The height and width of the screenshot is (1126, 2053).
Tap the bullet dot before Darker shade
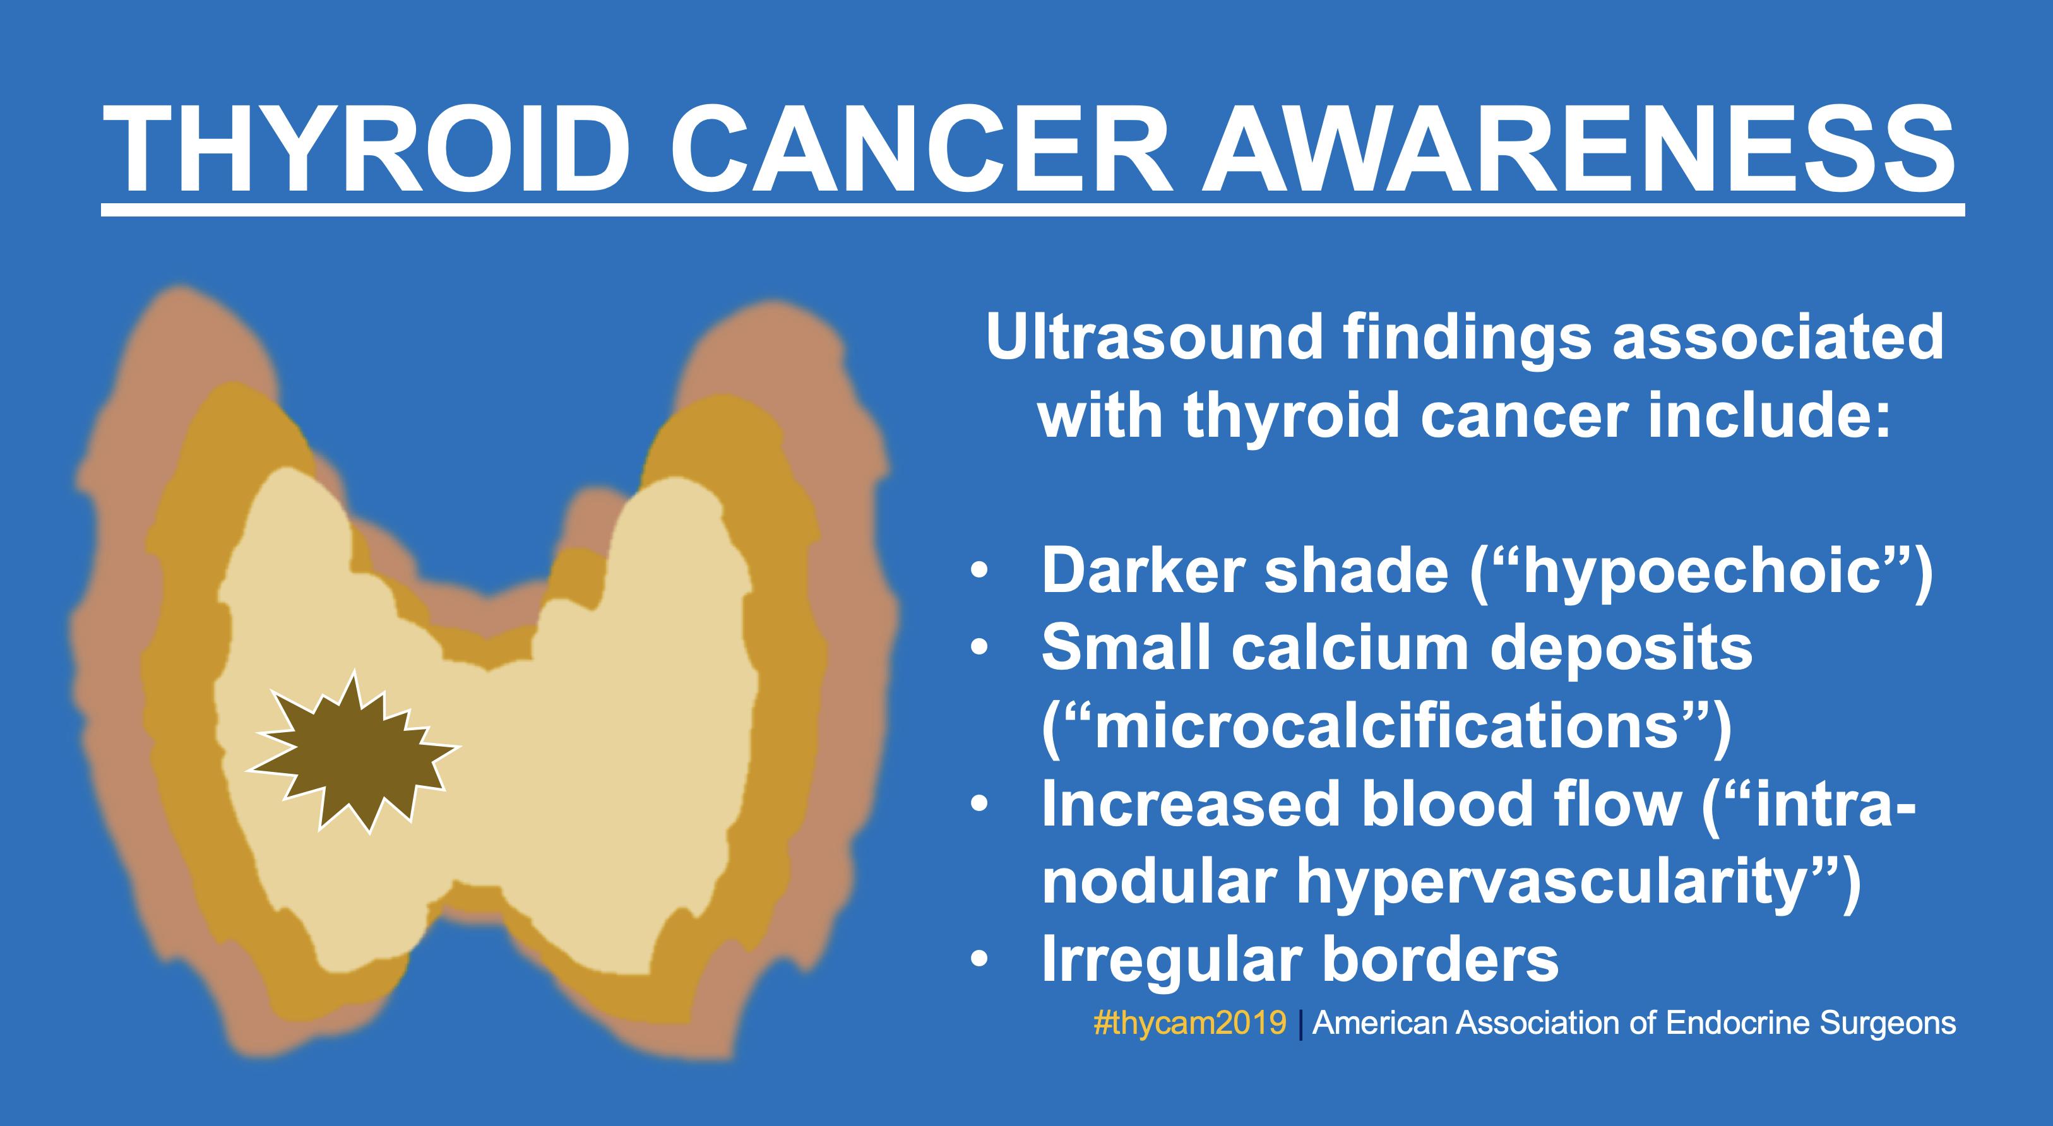click(x=980, y=573)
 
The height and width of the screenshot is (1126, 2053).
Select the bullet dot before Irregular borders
click(x=980, y=960)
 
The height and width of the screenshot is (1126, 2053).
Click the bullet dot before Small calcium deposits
click(x=980, y=650)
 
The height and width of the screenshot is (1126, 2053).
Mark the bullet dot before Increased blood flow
click(x=980, y=805)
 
